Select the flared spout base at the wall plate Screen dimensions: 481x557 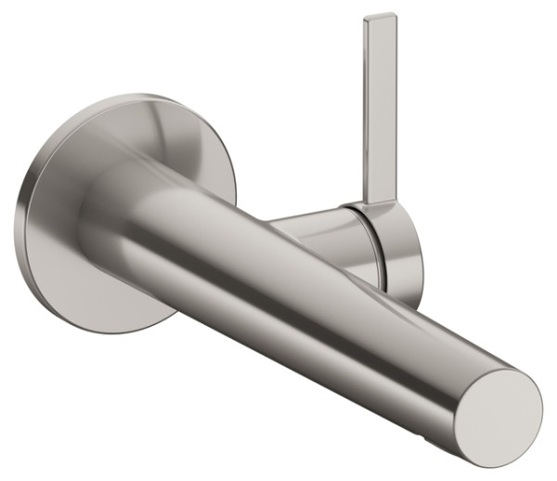coord(111,200)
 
